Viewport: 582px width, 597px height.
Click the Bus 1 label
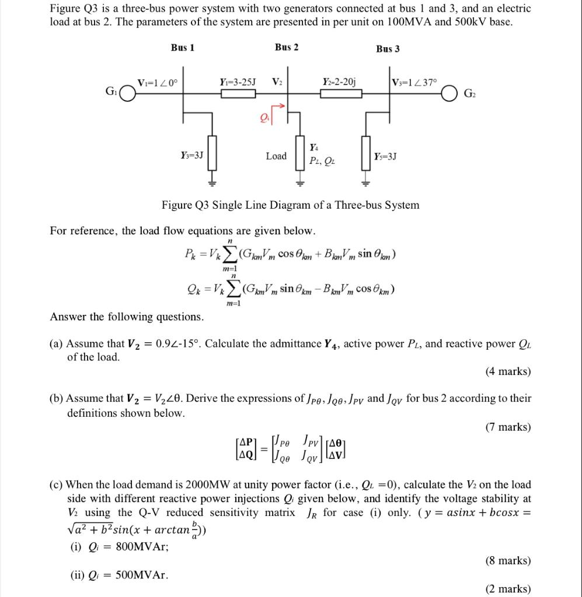[183, 47]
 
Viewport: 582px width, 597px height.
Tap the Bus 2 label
[286, 47]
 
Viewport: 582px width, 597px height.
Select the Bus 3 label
[388, 48]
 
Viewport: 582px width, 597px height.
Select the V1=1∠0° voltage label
[157, 82]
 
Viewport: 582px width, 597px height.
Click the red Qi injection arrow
[280, 108]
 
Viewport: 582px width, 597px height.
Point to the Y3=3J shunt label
[192, 155]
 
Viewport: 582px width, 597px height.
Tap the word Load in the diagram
[276, 156]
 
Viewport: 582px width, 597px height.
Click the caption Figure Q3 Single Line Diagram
[290, 205]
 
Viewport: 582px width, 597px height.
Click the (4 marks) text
[508, 371]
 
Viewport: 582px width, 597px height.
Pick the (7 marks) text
[508, 427]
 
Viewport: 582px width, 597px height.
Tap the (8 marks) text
[508, 561]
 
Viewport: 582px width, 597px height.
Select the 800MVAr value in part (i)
[134, 547]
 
